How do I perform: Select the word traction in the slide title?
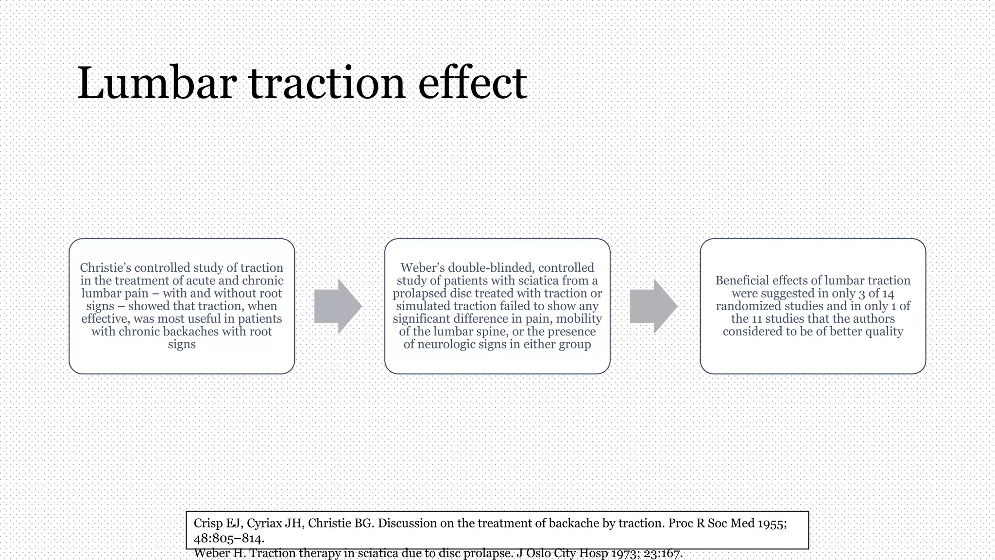tap(327, 84)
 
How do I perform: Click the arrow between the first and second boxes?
tap(338, 306)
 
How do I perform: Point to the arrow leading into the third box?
tap(653, 306)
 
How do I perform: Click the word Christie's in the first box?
tap(105, 268)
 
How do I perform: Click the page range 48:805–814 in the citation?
tap(228, 539)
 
